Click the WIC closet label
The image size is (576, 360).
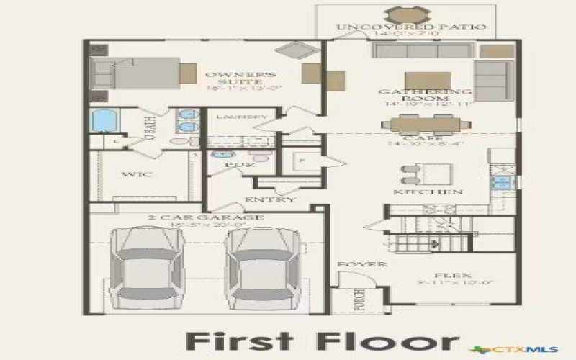[135, 175]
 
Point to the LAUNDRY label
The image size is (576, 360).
[242, 117]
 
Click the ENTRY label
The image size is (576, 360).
[270, 199]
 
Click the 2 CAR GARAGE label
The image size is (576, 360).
[206, 217]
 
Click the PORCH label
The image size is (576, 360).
[359, 301]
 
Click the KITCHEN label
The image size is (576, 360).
[438, 192]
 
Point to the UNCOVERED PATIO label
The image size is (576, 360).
[411, 27]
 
